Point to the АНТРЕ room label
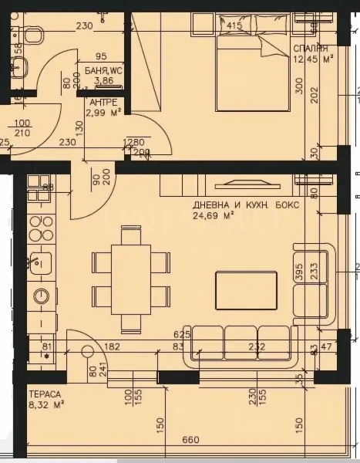[103, 102]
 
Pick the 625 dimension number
[182, 335]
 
